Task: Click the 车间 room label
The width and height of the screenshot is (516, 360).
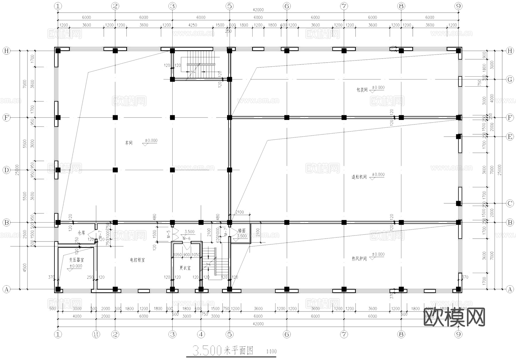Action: coord(129,143)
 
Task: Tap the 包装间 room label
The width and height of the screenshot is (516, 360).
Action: coord(362,90)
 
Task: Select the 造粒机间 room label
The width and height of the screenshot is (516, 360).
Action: coord(359,177)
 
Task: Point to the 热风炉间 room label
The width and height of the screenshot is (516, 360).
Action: coord(359,258)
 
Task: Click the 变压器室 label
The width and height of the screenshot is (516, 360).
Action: coord(77,260)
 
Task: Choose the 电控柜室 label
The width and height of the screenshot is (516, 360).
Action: coord(137,260)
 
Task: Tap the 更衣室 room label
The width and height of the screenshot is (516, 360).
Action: coord(185,268)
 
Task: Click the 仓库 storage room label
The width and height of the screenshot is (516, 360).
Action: coord(81,233)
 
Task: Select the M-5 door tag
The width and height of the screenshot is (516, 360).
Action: coord(169,234)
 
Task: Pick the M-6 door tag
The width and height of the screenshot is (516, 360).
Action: coord(186,238)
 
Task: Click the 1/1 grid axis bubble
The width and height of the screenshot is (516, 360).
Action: coord(96,334)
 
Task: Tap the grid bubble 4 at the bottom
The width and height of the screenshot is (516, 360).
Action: coord(201,334)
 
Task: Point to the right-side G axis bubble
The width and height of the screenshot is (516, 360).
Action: coord(510,79)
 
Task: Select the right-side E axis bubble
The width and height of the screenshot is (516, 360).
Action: coord(510,137)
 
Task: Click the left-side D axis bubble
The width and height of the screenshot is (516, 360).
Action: coord(6,170)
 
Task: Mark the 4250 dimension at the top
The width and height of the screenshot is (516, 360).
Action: coord(192,25)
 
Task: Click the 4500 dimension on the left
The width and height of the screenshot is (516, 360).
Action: coord(25,268)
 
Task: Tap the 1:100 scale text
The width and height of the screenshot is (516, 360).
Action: coord(271,351)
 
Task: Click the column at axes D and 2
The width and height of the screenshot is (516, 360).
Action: coord(115,170)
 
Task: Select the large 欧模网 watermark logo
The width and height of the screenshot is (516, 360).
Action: coord(454,317)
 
